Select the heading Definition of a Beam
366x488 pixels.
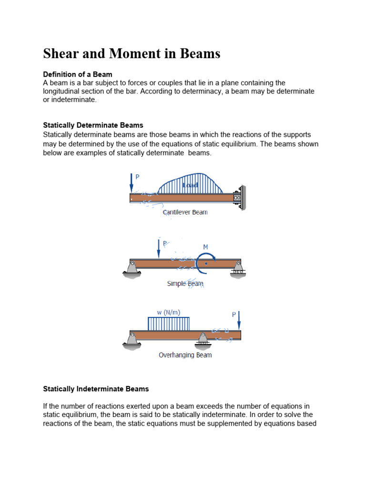click(78, 74)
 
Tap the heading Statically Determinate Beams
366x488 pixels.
click(93, 125)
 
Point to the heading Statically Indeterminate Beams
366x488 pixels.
click(96, 389)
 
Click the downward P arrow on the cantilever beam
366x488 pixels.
click(132, 182)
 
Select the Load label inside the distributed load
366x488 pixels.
click(190, 185)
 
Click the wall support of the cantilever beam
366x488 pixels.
click(241, 197)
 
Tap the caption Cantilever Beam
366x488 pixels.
click(185, 212)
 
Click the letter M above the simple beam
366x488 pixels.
click(206, 247)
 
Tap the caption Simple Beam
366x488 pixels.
click(185, 284)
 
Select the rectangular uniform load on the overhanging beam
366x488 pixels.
click(169, 324)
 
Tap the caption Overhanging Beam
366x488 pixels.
click(185, 355)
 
